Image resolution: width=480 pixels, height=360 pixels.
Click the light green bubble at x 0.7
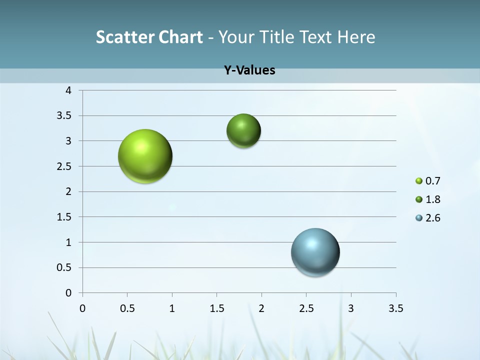click(x=145, y=156)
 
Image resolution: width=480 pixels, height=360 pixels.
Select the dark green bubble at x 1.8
click(x=243, y=131)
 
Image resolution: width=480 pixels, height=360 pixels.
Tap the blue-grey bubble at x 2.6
click(x=315, y=252)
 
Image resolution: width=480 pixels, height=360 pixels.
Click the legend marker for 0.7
click(x=419, y=181)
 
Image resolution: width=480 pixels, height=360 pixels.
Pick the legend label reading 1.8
click(x=433, y=199)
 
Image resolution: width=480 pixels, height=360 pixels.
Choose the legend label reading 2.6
click(x=433, y=218)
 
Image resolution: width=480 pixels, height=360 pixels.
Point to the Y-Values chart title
click(x=249, y=70)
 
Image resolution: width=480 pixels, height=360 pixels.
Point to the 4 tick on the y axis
click(x=68, y=90)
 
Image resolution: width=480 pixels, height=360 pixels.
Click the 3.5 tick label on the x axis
click(x=395, y=308)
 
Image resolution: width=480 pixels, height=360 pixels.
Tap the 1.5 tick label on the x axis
click(x=216, y=308)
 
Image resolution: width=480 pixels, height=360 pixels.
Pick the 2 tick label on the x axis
click(x=261, y=308)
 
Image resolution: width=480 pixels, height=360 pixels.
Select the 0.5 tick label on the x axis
click(x=127, y=308)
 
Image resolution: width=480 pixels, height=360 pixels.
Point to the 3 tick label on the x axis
click(x=351, y=308)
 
